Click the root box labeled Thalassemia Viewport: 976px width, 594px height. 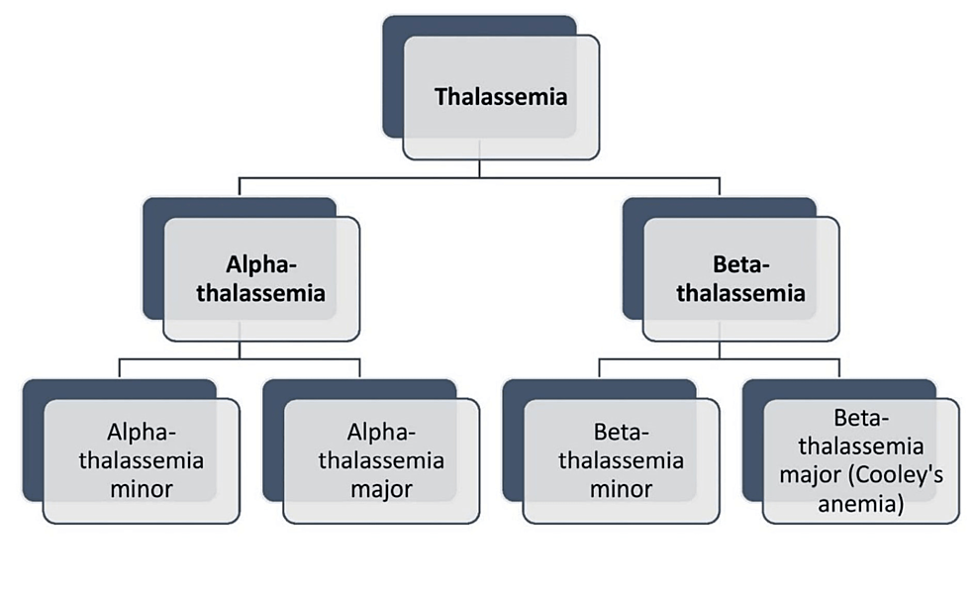pos(501,97)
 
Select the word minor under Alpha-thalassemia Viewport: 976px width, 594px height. pos(141,489)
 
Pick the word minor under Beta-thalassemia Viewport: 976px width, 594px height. pos(622,489)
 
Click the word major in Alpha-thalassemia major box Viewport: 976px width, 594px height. pos(381,489)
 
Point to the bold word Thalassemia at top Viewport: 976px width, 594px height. pos(501,97)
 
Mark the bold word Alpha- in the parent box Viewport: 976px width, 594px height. pos(261,265)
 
